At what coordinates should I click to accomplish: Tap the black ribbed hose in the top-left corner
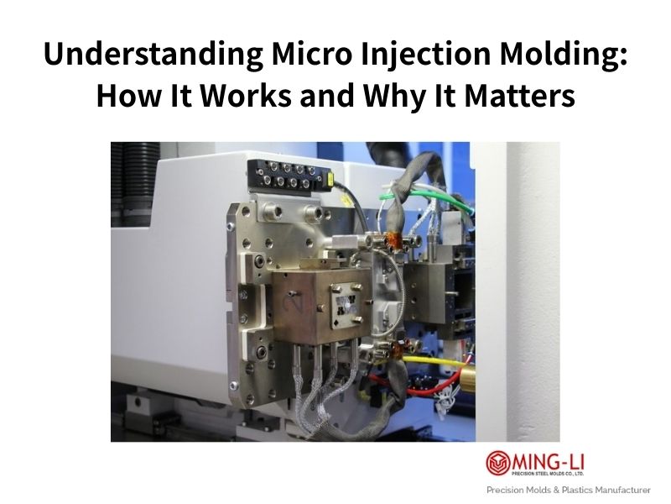[x=126, y=176]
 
